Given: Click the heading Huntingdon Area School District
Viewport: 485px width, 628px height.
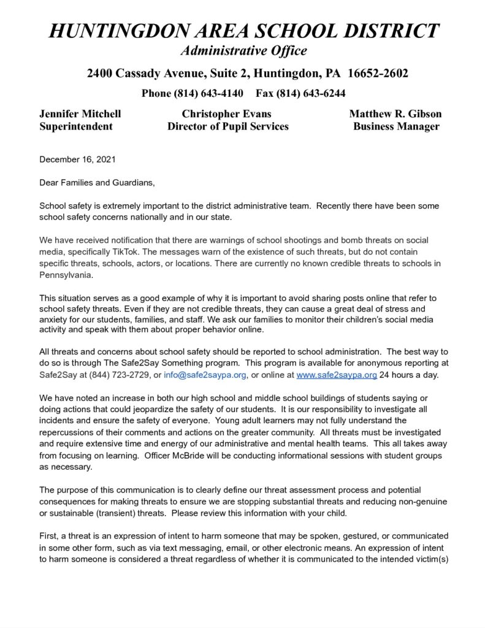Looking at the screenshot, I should [243, 31].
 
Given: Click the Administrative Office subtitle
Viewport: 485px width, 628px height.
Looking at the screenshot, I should [243, 50].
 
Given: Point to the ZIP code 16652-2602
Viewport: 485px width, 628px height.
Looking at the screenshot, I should [378, 74].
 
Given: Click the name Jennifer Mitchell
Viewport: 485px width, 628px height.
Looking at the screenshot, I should [80, 114].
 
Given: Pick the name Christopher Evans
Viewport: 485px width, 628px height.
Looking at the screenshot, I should [226, 114].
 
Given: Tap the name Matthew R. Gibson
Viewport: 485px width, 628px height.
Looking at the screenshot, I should [395, 114].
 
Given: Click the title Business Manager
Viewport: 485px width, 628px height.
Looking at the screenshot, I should [396, 127].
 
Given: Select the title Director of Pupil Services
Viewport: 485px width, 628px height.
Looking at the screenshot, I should [227, 127].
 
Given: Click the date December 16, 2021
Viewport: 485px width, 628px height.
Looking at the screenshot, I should [77, 159].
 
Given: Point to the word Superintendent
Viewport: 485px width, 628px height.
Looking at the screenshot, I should [76, 127].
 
